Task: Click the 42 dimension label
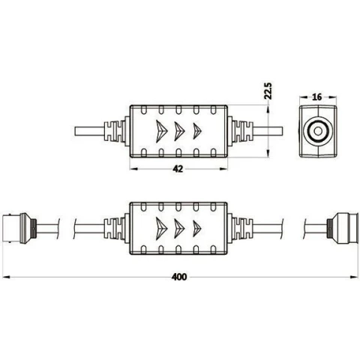tap(178, 169)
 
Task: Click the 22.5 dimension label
tap(268, 91)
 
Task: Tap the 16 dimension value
tap(317, 97)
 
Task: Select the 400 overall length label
tap(179, 277)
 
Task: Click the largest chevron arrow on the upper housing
tap(161, 131)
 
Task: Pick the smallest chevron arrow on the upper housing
tap(197, 131)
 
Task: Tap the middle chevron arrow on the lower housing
tap(179, 228)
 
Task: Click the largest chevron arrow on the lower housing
tap(161, 228)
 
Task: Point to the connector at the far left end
tap(19, 229)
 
